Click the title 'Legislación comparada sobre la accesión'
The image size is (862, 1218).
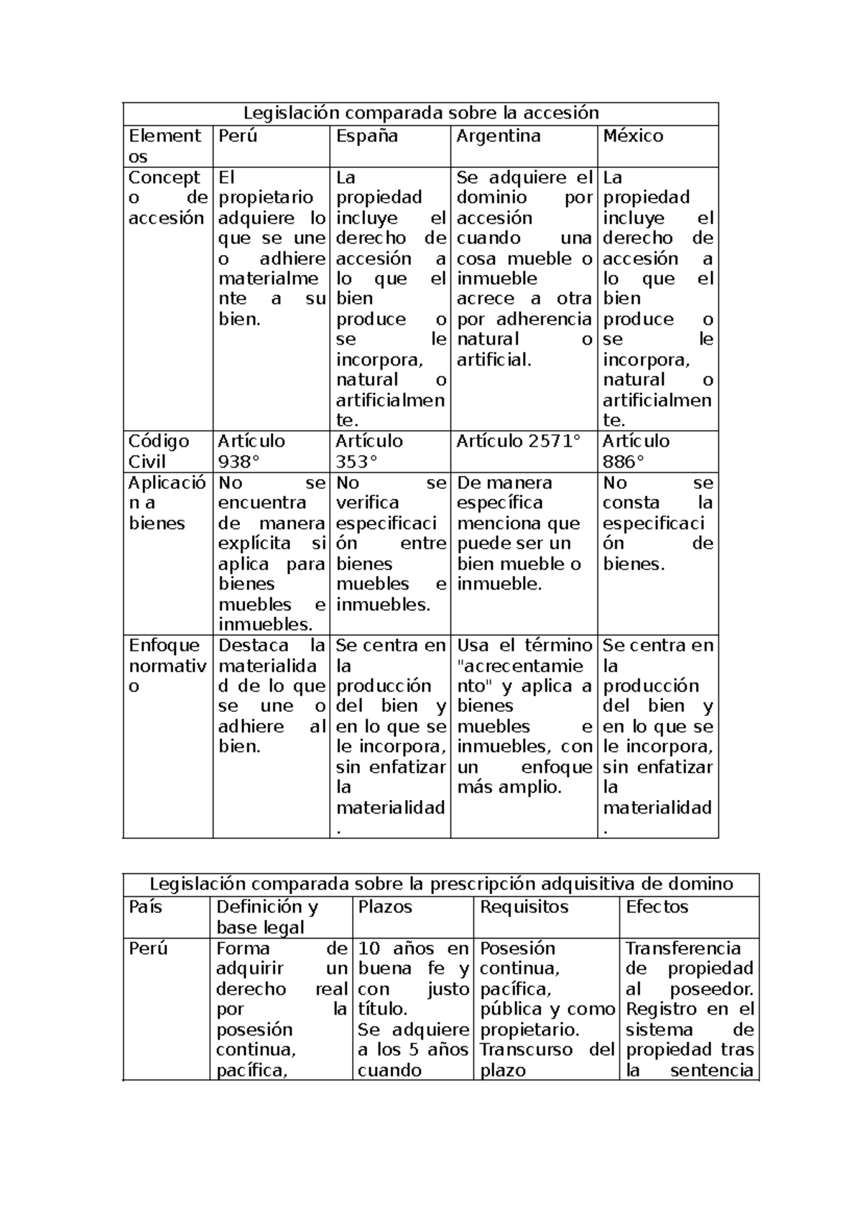420,113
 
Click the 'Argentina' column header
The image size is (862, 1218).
498,136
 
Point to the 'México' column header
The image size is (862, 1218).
633,136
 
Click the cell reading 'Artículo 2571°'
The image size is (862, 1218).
517,441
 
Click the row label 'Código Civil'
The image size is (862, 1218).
159,451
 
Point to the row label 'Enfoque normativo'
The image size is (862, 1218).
167,666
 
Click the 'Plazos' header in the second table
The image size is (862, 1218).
385,907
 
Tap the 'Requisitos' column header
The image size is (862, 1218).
524,907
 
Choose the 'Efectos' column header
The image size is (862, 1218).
657,907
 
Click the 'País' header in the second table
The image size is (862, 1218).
146,907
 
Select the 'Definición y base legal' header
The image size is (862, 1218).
267,917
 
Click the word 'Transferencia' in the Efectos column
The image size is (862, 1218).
682,949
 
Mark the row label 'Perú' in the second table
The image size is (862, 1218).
148,949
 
